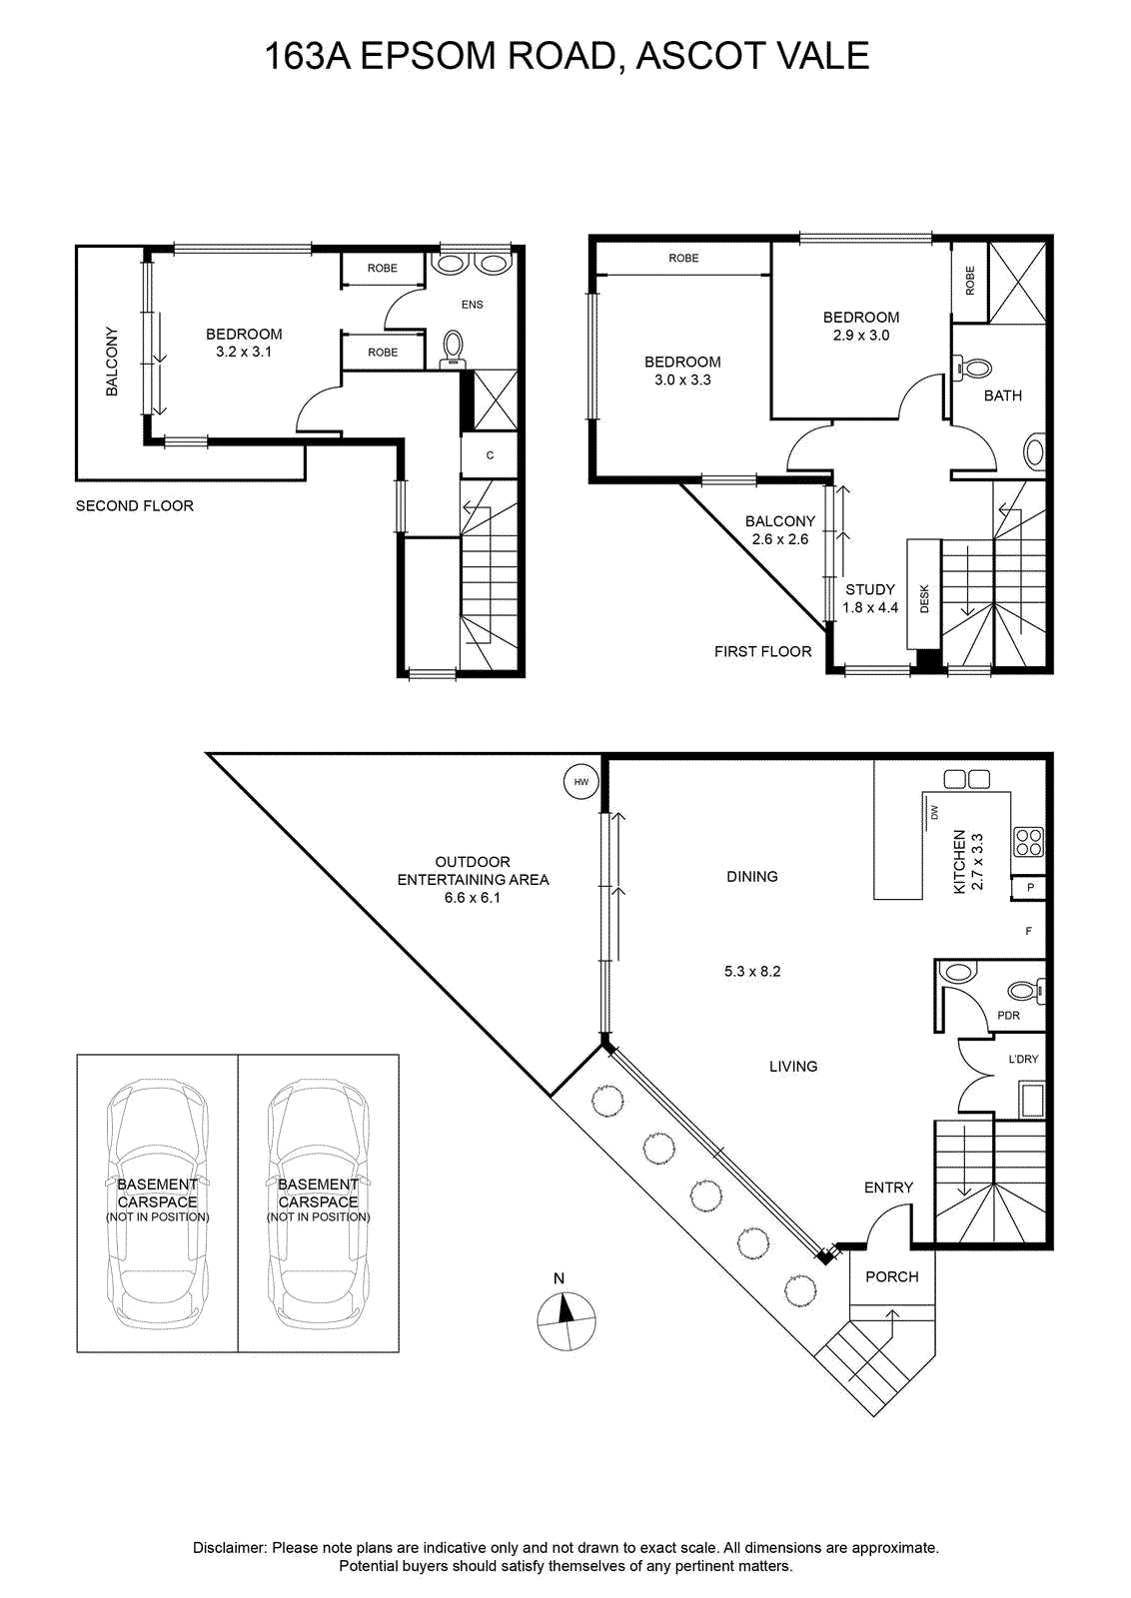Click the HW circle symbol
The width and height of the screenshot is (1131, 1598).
pyautogui.click(x=580, y=782)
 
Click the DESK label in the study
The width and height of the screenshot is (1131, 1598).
pyautogui.click(x=925, y=598)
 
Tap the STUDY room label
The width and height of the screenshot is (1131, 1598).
pyautogui.click(x=870, y=589)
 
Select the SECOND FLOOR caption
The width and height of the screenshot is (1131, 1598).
pyautogui.click(x=135, y=505)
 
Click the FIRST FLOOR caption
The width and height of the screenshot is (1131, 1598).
pyautogui.click(x=762, y=651)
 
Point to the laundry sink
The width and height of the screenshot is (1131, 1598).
pyautogui.click(x=1031, y=1100)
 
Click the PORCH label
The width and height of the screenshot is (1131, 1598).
pyautogui.click(x=892, y=1277)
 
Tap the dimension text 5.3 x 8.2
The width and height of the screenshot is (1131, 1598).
pyautogui.click(x=752, y=971)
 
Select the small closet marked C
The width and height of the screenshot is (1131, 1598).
pyautogui.click(x=490, y=455)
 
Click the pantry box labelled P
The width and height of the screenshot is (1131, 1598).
pyautogui.click(x=1030, y=888)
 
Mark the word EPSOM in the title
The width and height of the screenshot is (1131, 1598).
pyautogui.click(x=428, y=56)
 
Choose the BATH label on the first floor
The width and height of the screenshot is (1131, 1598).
pyautogui.click(x=1002, y=396)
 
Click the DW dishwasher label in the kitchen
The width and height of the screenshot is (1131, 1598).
pyautogui.click(x=934, y=812)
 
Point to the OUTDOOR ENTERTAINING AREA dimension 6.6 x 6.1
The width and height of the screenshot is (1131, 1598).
pyautogui.click(x=473, y=898)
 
